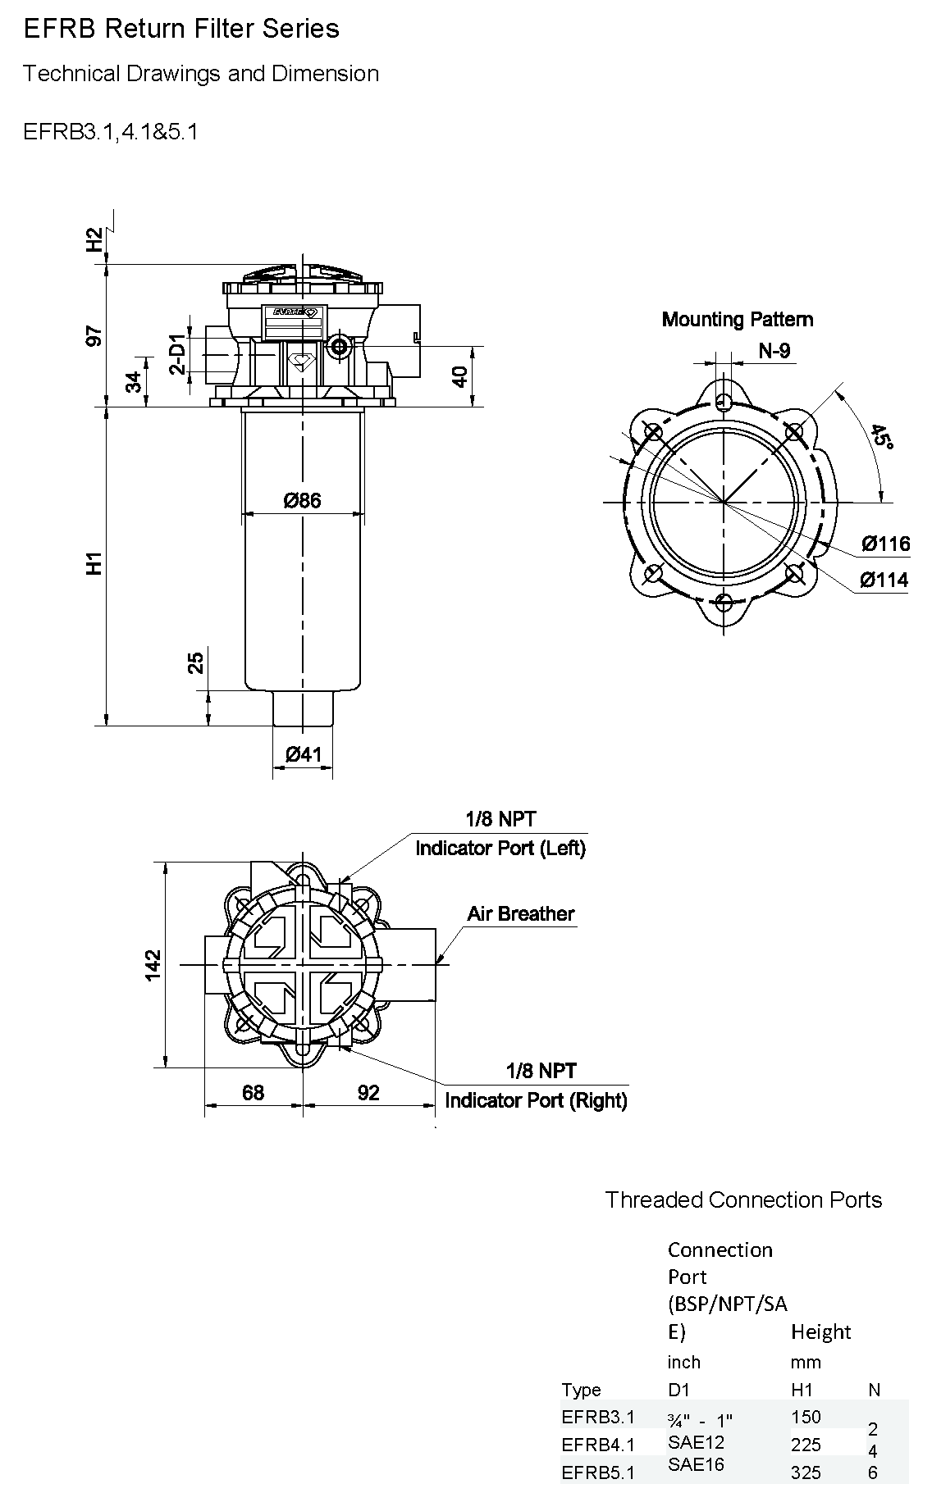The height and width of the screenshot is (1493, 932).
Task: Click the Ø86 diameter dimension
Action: [303, 499]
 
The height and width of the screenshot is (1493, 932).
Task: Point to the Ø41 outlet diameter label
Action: [304, 754]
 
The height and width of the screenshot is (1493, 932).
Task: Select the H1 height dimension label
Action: [96, 563]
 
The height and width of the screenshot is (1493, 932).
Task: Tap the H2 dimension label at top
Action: [96, 239]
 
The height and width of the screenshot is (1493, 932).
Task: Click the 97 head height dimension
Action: [96, 335]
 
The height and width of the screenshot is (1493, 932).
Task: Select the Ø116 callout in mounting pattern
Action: [885, 543]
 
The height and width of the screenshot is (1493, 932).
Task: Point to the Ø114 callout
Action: [884, 580]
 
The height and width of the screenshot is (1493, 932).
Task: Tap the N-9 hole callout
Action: [774, 351]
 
